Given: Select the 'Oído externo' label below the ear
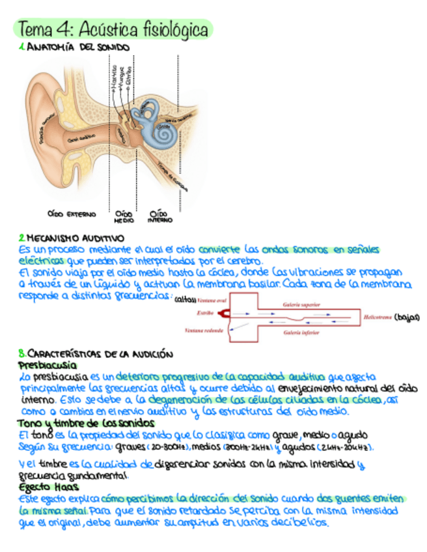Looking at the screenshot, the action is pos(72,213).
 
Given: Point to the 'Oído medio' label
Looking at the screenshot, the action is pos(124,216).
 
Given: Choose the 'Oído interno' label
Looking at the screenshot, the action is pos(159,216).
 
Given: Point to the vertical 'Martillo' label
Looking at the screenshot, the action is pos(114,76).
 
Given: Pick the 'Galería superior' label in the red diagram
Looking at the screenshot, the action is pos(301,304).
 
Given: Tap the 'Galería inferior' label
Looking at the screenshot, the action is pos(301,332).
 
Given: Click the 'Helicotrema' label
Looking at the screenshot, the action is pos(377,316).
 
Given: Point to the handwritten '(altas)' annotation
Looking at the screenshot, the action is pos(186,300).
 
